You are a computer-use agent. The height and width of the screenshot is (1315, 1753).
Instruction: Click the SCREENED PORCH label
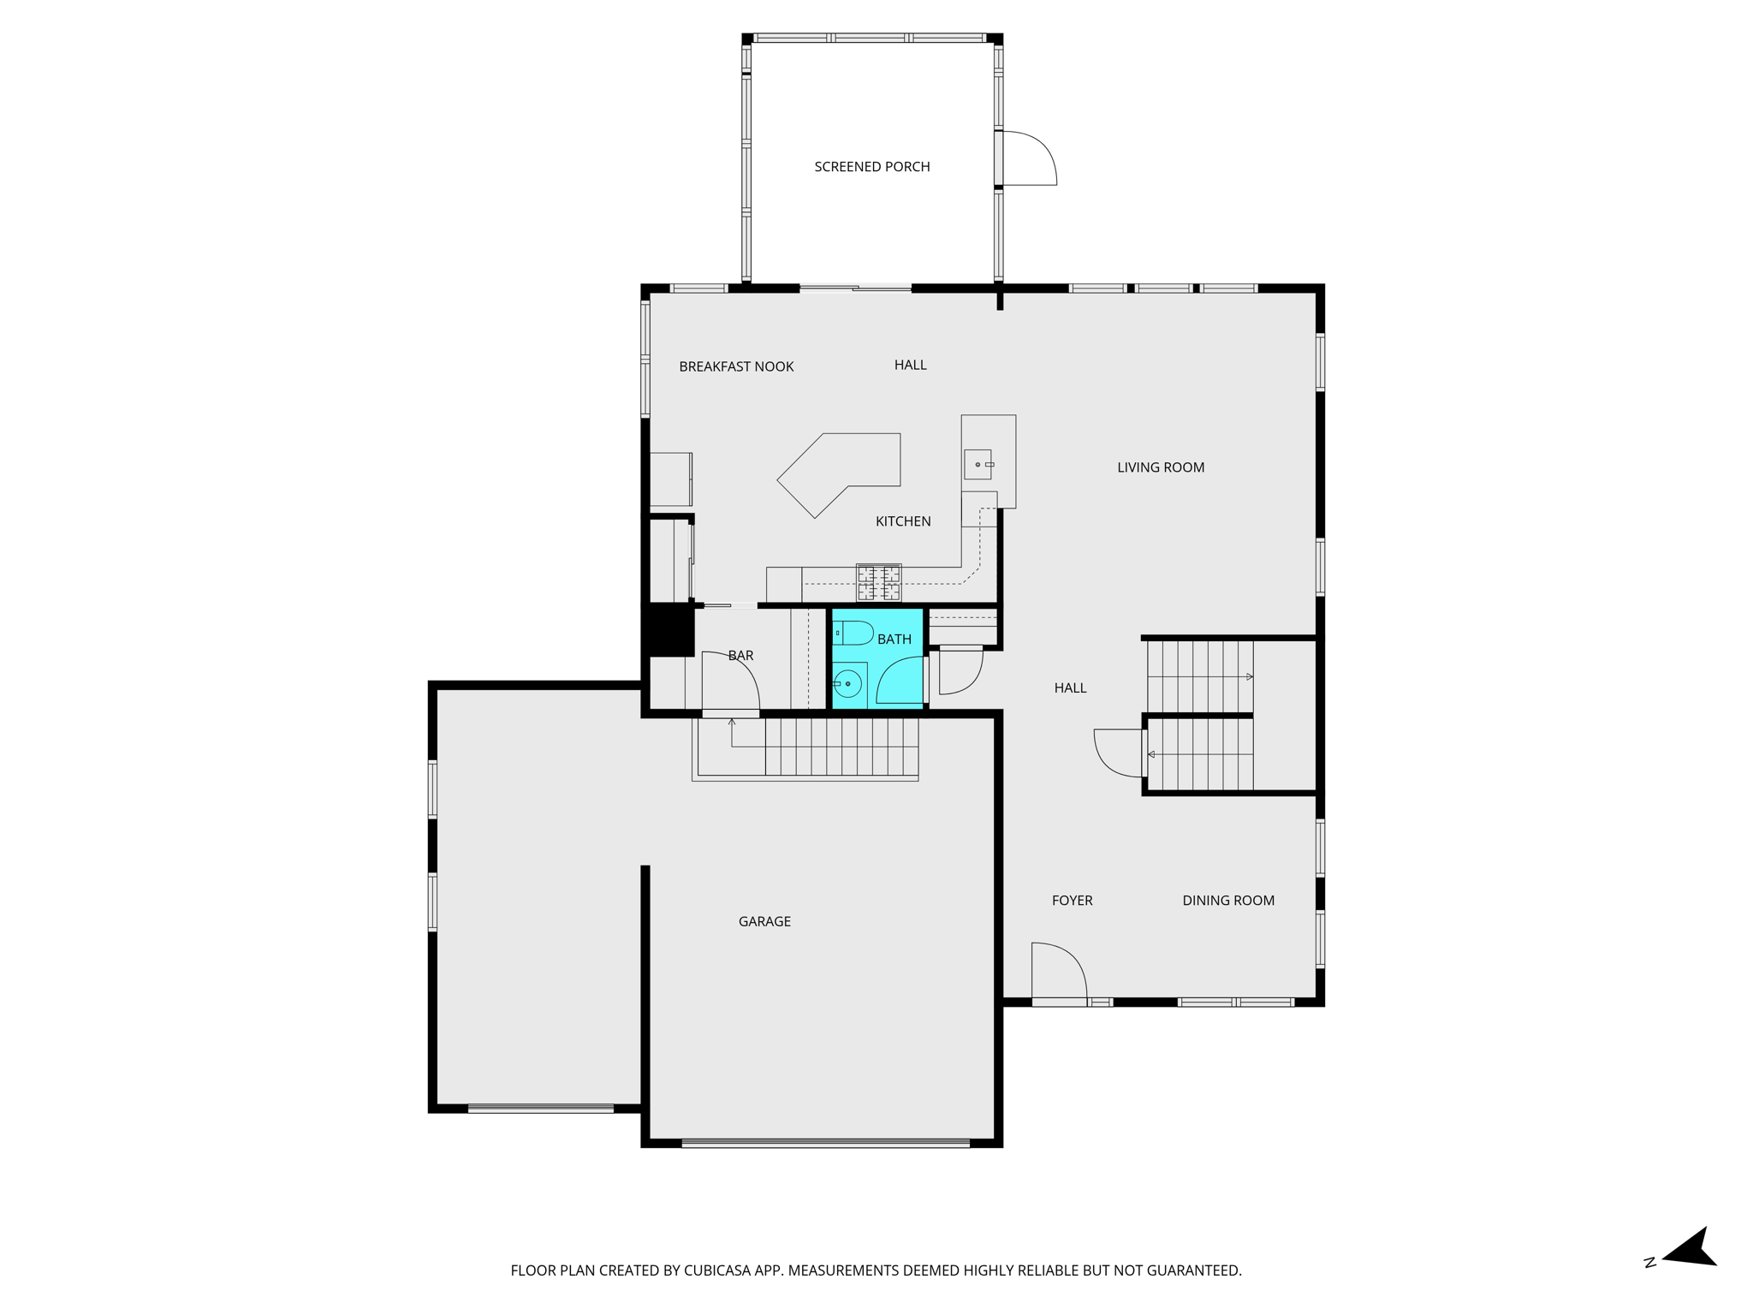(871, 167)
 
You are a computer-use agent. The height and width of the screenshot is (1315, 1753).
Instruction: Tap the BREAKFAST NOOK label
(736, 366)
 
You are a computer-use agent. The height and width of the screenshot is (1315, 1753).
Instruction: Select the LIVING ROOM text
(1160, 467)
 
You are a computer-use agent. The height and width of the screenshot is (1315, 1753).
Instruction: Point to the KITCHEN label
(902, 521)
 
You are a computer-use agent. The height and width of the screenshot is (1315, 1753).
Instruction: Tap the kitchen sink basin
(978, 465)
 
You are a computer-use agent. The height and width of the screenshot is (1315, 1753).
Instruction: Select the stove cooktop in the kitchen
(878, 582)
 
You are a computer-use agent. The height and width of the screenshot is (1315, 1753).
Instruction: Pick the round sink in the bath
(847, 684)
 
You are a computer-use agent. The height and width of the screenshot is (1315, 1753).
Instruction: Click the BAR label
(740, 656)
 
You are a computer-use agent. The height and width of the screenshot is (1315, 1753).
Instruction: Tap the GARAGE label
(764, 921)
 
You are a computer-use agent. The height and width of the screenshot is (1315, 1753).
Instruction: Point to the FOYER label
(1072, 901)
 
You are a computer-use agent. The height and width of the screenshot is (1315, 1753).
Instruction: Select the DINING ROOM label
(1227, 901)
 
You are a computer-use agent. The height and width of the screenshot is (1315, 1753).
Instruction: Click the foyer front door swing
(1058, 971)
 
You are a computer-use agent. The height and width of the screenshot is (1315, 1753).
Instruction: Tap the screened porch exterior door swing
(1027, 158)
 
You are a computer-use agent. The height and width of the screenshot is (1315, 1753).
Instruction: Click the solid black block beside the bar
(669, 630)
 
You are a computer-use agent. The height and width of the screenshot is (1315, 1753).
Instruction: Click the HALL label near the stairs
(1070, 688)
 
